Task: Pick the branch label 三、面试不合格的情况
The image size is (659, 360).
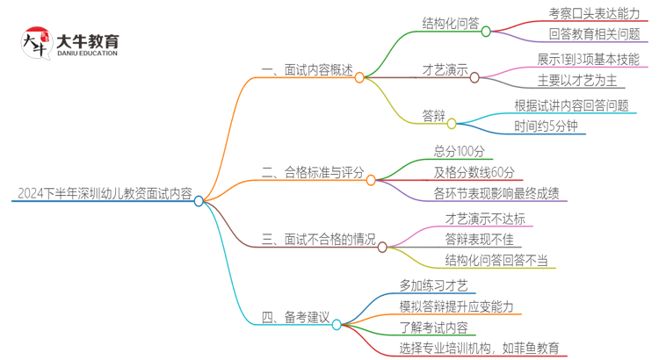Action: tap(319, 239)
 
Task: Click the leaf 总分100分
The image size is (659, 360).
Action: tap(460, 151)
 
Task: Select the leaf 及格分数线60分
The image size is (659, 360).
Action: tap(474, 171)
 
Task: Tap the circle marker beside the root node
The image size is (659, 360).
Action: tap(199, 201)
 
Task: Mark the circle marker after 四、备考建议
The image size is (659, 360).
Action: tap(337, 324)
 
